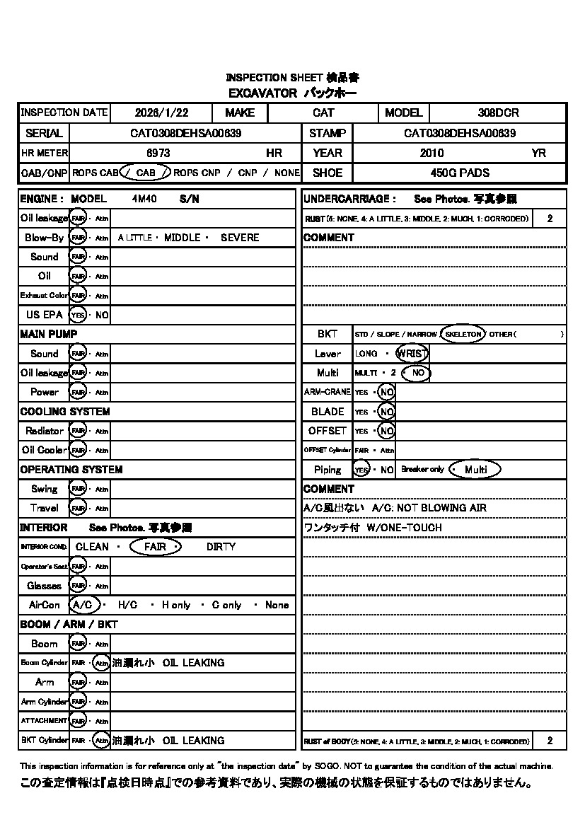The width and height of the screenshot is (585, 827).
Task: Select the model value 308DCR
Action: [498, 112]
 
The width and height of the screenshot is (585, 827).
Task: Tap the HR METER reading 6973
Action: [158, 153]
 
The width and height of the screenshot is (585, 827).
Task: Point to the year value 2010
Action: [431, 153]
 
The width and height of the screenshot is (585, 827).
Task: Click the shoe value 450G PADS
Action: [460, 173]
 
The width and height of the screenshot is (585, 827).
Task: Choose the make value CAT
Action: [323, 112]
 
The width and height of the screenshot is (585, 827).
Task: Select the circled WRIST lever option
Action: [412, 353]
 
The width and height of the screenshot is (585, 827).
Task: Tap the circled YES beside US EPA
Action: [77, 315]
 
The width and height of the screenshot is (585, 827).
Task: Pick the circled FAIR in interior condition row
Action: [156, 547]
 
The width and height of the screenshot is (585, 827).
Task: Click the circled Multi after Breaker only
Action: [475, 470]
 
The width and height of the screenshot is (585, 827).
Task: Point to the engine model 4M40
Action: [144, 199]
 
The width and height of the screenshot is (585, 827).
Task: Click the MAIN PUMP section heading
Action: [49, 334]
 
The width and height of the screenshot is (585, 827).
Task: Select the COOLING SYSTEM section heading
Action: [65, 412]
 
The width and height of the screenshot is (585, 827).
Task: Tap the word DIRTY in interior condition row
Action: [221, 547]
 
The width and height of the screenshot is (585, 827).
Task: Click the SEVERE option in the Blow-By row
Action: [240, 238]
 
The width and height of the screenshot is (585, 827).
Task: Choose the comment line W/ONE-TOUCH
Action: [404, 528]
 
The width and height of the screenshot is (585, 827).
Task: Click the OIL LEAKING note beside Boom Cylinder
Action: [193, 663]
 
